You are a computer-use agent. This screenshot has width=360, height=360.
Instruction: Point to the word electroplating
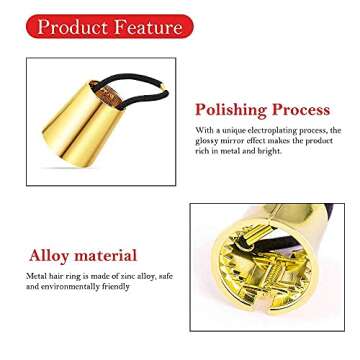click(x=276, y=131)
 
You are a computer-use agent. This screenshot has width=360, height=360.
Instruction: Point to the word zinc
click(x=123, y=275)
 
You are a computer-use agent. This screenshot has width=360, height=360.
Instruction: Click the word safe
click(x=164, y=275)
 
